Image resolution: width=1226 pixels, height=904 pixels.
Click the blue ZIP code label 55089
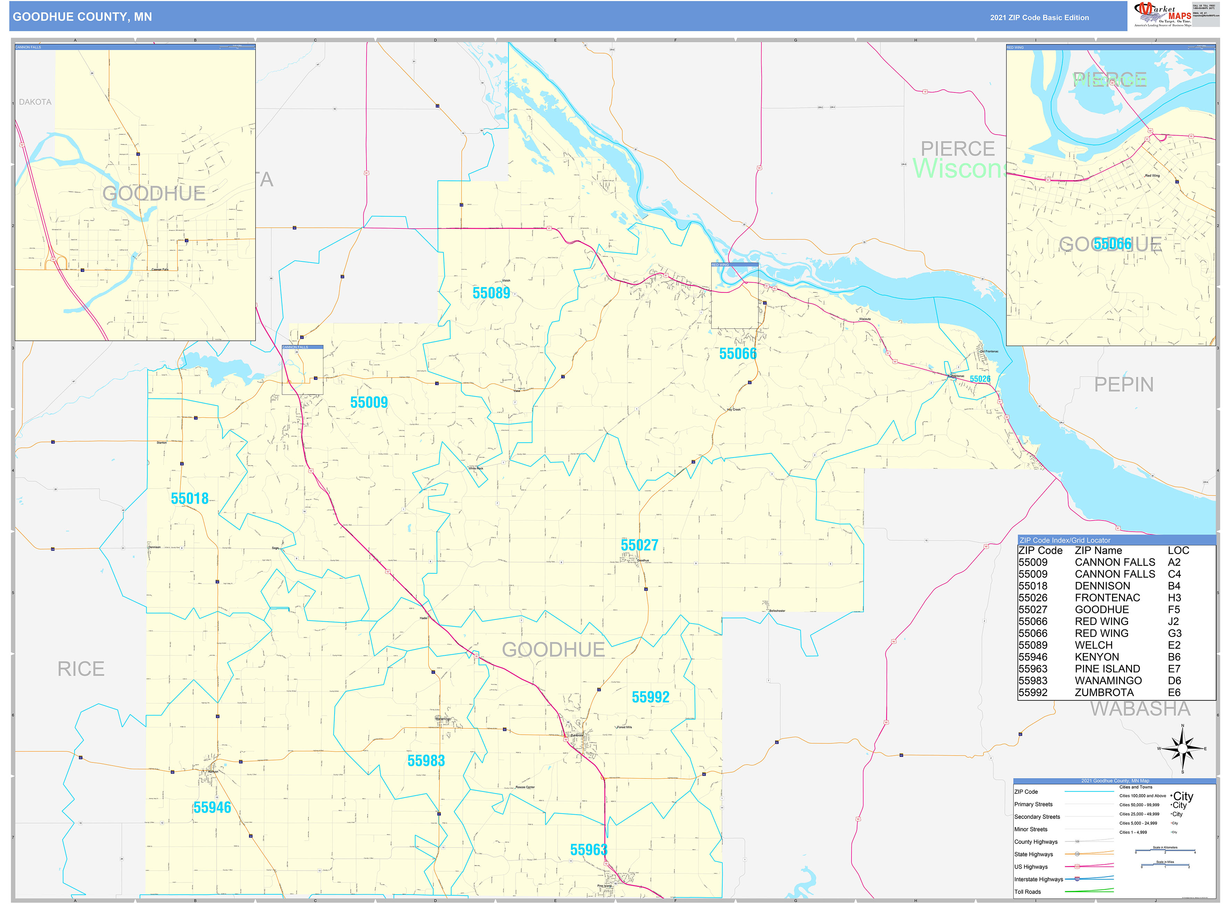(x=491, y=293)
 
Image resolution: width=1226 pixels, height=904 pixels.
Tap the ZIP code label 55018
(x=189, y=499)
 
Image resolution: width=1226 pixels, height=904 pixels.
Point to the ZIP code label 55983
(x=426, y=761)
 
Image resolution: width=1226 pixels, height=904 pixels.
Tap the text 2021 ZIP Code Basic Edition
(x=1039, y=17)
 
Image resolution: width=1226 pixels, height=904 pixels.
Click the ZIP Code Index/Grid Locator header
(x=1065, y=540)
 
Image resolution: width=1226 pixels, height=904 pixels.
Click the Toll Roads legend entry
(x=1028, y=892)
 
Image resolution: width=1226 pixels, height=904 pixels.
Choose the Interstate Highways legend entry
(x=1038, y=879)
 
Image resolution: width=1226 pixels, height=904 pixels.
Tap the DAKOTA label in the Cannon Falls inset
(x=35, y=102)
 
